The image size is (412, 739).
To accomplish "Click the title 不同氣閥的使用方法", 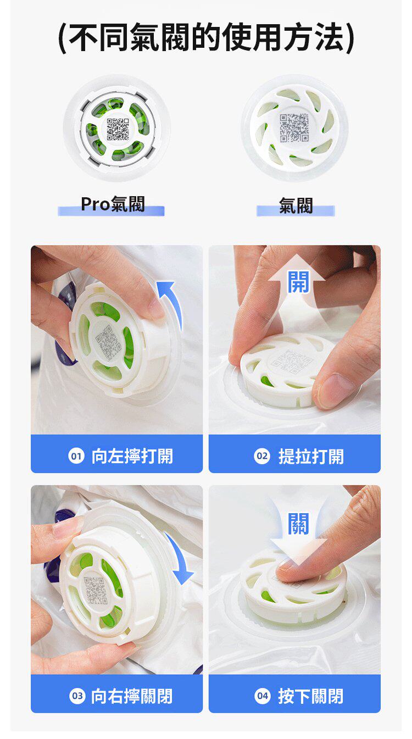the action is tap(206, 37).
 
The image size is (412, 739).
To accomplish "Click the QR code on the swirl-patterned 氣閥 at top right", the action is tap(294, 128).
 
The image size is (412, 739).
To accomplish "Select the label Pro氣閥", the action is tap(113, 204).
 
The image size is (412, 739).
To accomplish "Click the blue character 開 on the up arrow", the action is tap(298, 282).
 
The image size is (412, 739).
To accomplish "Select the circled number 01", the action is tap(76, 457).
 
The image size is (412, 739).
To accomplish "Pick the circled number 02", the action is tap(262, 457).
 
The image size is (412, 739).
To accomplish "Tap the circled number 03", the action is tap(77, 696).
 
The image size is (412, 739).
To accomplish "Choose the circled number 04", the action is tap(263, 696).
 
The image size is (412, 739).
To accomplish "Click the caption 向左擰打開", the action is tap(132, 457).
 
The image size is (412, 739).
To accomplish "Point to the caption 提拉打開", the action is tap(311, 457).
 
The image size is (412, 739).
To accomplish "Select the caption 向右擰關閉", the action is tap(132, 696).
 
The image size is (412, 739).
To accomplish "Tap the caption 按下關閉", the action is tap(311, 696).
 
